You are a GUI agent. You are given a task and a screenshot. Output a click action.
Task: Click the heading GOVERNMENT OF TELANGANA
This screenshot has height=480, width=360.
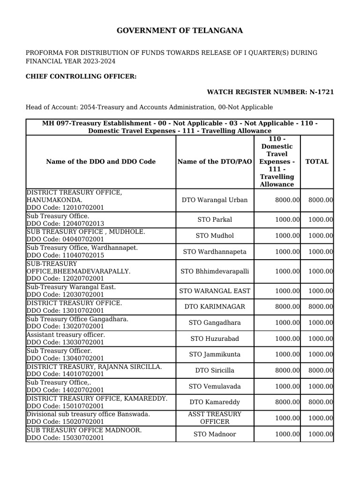point(180,31)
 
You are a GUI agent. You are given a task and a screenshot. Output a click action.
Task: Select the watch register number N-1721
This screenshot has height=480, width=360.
point(270,92)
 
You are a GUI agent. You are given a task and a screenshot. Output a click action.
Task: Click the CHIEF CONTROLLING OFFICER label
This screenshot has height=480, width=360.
point(81,76)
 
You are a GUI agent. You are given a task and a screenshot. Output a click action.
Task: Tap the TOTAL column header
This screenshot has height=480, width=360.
point(317,162)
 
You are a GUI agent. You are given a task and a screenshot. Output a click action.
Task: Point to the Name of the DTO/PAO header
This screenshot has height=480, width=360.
point(215,162)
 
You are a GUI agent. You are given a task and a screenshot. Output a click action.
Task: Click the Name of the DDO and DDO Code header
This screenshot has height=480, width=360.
point(101,162)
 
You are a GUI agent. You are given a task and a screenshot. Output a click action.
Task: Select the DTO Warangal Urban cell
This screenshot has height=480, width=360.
point(215,200)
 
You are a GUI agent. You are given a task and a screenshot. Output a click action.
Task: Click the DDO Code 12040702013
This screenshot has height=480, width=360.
point(65,224)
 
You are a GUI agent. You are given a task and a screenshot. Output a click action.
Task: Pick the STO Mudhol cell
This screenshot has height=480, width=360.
point(215,236)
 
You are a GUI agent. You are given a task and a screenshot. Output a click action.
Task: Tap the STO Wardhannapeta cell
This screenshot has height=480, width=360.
point(215,252)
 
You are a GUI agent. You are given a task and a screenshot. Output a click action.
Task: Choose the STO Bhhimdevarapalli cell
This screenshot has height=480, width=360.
point(215,271)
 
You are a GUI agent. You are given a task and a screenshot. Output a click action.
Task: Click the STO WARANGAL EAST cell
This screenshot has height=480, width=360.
point(215,291)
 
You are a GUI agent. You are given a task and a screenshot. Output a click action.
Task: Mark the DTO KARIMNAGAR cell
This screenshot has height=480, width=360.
point(215,307)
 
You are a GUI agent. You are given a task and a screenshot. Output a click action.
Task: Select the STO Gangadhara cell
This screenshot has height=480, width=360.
point(215,323)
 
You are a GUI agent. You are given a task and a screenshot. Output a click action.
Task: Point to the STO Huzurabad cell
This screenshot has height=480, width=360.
point(215,338)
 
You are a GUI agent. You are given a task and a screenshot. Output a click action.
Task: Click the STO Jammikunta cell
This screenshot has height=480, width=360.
point(215,354)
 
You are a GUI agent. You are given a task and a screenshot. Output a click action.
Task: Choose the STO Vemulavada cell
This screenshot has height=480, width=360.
point(215,386)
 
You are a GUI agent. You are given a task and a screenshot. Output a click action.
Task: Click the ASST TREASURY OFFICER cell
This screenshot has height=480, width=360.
point(215,418)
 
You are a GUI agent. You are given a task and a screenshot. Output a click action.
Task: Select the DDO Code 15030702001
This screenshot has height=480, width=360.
point(65,438)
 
